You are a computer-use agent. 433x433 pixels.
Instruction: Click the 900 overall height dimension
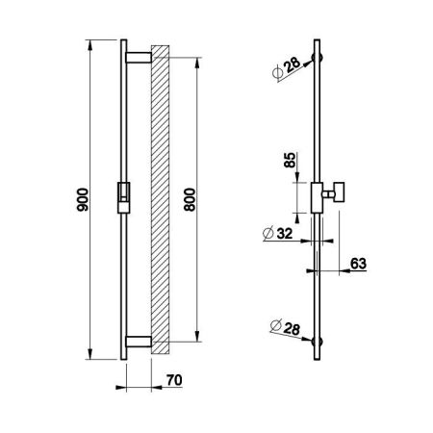coord(83,199)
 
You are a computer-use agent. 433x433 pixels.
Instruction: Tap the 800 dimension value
coord(190,199)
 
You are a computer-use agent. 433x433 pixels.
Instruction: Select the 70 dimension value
coord(174,380)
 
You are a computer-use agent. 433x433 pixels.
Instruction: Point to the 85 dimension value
coord(290,160)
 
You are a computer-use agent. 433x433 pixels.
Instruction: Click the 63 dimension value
coord(358,264)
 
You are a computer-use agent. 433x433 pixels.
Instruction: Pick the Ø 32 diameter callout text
coord(278,233)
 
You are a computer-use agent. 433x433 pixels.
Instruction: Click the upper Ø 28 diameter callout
coord(287,67)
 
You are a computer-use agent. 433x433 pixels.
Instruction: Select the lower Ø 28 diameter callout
coord(285,327)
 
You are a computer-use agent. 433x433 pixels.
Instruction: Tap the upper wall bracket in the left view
coord(139,58)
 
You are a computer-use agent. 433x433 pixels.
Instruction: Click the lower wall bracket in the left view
coord(139,342)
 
